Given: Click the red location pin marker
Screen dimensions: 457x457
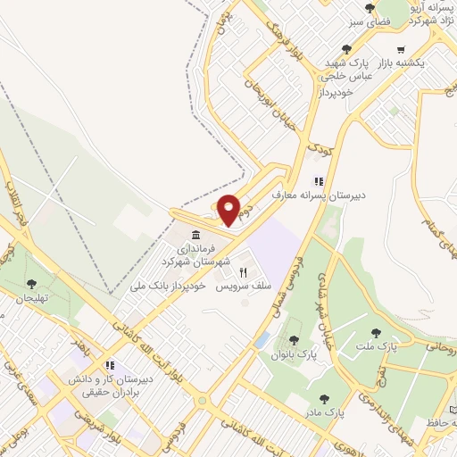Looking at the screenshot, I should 229,210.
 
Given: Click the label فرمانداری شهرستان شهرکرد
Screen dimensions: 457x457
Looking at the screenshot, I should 196,256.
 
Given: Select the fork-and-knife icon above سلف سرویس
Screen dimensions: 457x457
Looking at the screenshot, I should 243,271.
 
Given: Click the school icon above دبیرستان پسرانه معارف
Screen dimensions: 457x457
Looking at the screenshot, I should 319,179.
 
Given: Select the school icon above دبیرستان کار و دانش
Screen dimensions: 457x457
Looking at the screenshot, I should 110,365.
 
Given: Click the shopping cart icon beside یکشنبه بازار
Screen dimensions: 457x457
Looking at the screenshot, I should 401,50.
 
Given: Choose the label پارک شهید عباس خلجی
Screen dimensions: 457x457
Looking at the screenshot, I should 343,71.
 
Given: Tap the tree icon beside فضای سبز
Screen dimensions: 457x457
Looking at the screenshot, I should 370,8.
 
